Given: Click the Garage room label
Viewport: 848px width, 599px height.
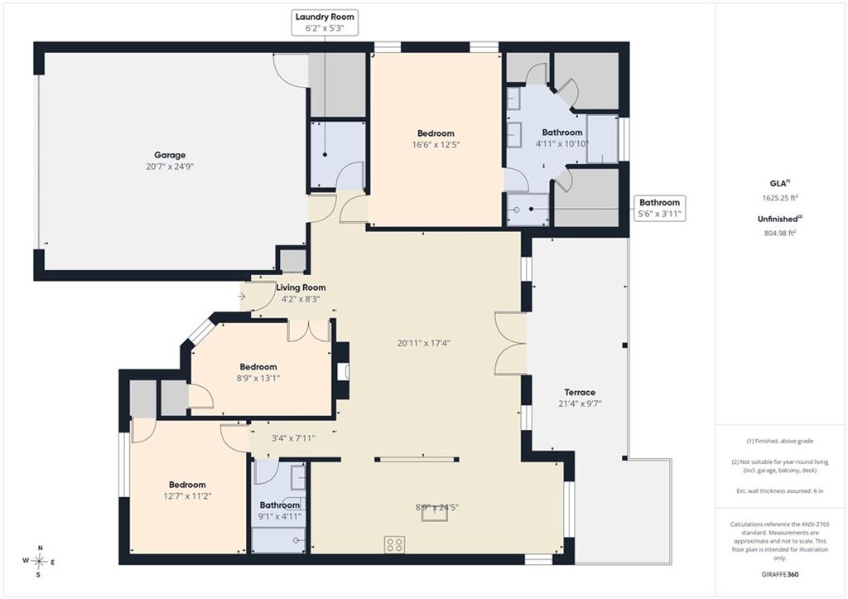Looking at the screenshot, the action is (170, 155).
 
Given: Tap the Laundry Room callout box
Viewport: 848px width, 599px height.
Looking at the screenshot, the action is (325, 22).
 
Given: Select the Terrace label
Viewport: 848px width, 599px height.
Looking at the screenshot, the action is (580, 393).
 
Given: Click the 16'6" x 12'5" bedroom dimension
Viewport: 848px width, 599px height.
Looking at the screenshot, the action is (436, 144).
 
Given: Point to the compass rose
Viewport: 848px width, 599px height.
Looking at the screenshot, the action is (40, 562).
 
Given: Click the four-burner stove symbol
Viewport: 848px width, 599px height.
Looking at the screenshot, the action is (395, 543).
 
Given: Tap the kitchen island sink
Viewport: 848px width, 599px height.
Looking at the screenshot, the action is (435, 514).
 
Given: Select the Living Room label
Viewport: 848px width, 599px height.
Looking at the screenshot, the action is (301, 287).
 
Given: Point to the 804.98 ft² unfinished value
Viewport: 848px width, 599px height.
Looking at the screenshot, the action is (778, 233).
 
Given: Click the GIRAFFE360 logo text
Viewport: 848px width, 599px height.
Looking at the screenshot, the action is (778, 574).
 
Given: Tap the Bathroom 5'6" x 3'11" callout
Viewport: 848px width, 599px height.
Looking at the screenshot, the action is (659, 208).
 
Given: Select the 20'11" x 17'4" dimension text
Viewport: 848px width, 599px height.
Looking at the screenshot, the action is (423, 342).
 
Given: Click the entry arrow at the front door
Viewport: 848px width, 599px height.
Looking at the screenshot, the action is (241, 297).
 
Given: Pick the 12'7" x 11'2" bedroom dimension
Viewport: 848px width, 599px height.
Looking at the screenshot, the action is (187, 495).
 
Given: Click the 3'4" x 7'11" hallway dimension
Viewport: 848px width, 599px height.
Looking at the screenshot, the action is (293, 437).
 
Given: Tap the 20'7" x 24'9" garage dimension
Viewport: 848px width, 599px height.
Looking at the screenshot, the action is (170, 167).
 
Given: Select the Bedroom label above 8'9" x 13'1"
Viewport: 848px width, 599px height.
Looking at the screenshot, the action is (258, 367).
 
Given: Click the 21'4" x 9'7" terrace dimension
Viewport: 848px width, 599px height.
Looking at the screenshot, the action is (580, 403).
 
